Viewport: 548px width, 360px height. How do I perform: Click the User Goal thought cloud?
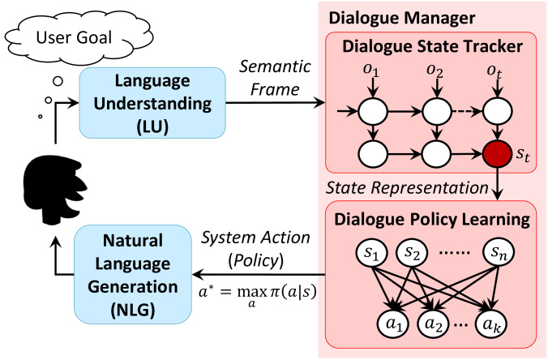[79, 37]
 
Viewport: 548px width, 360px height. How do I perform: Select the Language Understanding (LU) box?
[152, 103]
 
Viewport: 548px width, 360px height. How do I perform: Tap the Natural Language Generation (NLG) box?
[133, 274]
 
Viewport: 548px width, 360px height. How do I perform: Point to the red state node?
[497, 154]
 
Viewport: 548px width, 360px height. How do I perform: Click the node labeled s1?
[371, 252]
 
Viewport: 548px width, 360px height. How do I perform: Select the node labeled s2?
[412, 252]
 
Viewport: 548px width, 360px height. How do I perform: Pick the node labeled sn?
[499, 252]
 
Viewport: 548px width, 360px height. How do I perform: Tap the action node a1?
[394, 324]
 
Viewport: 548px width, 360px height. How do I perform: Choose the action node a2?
[434, 324]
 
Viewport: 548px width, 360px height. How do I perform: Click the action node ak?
[491, 324]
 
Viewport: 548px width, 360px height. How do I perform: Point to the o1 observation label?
[371, 71]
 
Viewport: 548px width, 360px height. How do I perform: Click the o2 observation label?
[435, 71]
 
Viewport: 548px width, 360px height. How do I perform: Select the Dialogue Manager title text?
[402, 18]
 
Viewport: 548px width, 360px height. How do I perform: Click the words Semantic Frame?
[275, 78]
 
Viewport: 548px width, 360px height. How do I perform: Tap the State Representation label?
[407, 187]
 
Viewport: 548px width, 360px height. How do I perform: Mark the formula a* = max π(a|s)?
[257, 294]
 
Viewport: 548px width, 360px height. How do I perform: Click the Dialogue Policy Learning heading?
[432, 220]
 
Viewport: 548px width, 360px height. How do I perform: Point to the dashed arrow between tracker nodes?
[467, 112]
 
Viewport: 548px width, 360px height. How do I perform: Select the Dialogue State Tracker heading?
[432, 46]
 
